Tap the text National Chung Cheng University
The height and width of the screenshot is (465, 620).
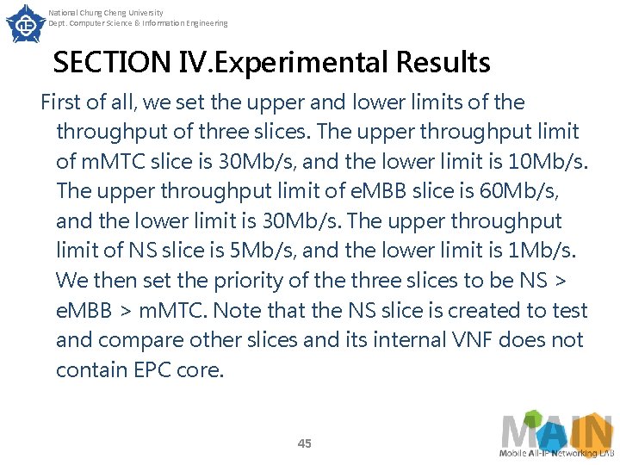[x=105, y=13]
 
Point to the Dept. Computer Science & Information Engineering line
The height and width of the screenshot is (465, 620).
[x=138, y=23]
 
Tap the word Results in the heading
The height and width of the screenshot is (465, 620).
[x=443, y=63]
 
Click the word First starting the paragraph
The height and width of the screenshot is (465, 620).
[x=60, y=102]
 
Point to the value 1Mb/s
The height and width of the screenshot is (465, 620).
[x=547, y=251]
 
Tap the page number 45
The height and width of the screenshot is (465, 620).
[x=304, y=443]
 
